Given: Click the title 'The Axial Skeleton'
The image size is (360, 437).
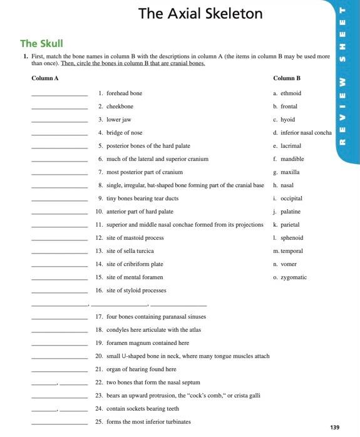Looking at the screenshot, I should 200,13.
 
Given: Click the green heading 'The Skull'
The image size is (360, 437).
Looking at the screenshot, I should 41,43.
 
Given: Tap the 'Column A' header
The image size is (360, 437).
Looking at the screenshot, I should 44,78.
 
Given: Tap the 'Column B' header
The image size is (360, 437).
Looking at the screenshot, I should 287,78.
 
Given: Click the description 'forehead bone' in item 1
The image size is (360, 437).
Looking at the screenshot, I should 125,93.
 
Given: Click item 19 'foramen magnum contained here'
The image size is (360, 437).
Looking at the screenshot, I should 148,343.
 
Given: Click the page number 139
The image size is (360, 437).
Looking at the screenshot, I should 334,427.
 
